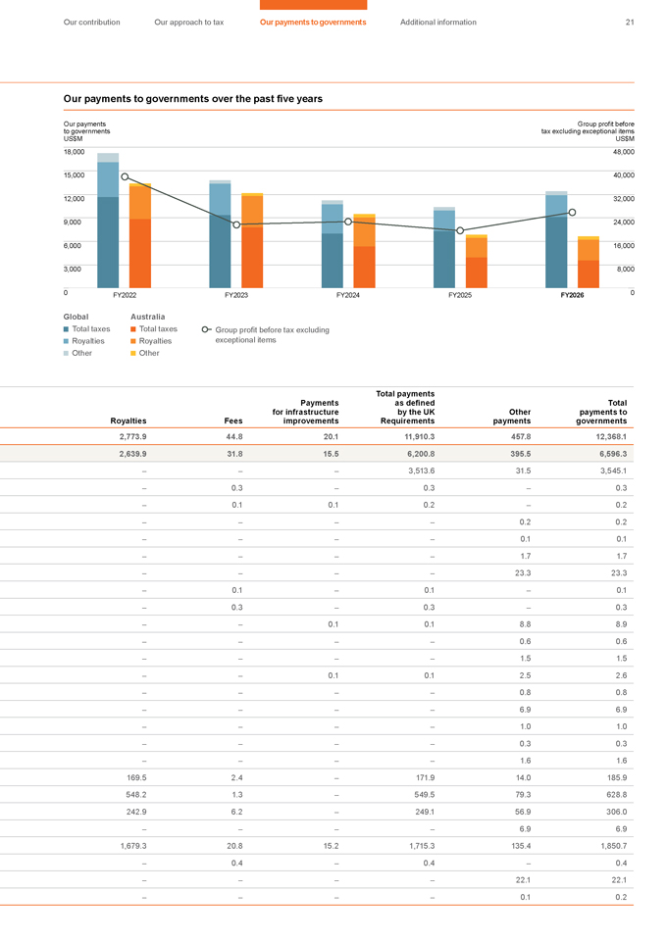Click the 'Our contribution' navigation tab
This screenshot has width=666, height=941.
click(92, 23)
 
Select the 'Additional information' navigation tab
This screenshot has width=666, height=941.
click(438, 23)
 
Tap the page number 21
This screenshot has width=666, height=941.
click(630, 23)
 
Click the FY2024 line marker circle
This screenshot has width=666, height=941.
click(348, 223)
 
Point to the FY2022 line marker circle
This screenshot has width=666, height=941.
click(125, 176)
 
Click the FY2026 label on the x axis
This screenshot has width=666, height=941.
click(572, 295)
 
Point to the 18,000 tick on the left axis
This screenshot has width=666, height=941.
click(74, 152)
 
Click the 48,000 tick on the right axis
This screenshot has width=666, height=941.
click(624, 152)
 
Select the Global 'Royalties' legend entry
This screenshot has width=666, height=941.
click(84, 341)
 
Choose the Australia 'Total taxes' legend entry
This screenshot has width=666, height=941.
click(154, 329)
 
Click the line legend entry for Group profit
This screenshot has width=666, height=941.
click(266, 335)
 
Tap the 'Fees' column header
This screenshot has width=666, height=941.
click(233, 421)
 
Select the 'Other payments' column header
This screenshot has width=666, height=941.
click(512, 417)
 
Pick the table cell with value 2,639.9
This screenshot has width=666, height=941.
click(132, 454)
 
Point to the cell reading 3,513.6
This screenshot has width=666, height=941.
click(422, 471)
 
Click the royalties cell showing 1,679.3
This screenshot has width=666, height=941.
click(133, 846)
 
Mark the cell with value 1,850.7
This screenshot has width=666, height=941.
click(614, 846)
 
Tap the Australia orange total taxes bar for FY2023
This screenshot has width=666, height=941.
click(252, 258)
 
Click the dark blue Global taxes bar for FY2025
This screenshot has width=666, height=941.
click(444, 259)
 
